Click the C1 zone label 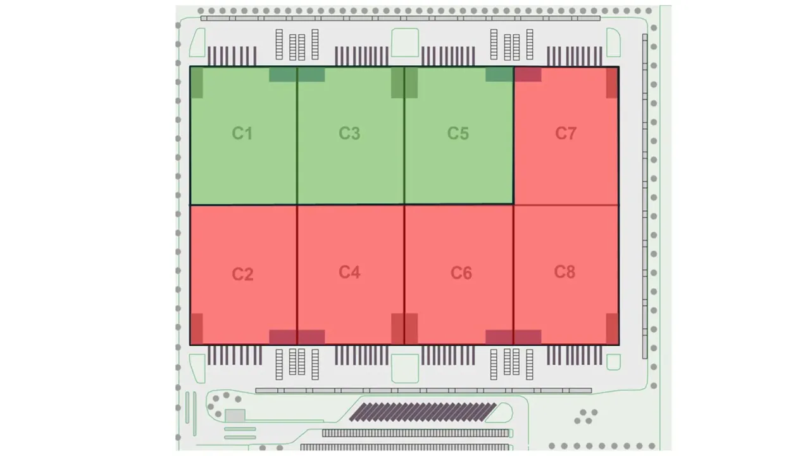(x=242, y=133)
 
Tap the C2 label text (x=242, y=274)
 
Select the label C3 (x=349, y=133)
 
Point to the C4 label (x=349, y=272)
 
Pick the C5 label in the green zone (x=458, y=133)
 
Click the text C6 (x=461, y=273)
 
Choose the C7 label (x=566, y=133)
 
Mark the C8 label (x=564, y=272)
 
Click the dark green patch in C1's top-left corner (x=197, y=83)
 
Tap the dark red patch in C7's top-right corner (x=612, y=83)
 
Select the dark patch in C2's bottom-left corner (x=197, y=329)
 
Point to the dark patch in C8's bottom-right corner (x=612, y=329)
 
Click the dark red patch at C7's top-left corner (x=528, y=75)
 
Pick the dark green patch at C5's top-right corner (x=499, y=75)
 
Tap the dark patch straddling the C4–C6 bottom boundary (x=404, y=329)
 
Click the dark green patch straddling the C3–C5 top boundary (x=404, y=83)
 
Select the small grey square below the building (x=235, y=415)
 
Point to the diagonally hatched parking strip (x=423, y=412)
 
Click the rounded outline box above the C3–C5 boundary (x=404, y=42)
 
